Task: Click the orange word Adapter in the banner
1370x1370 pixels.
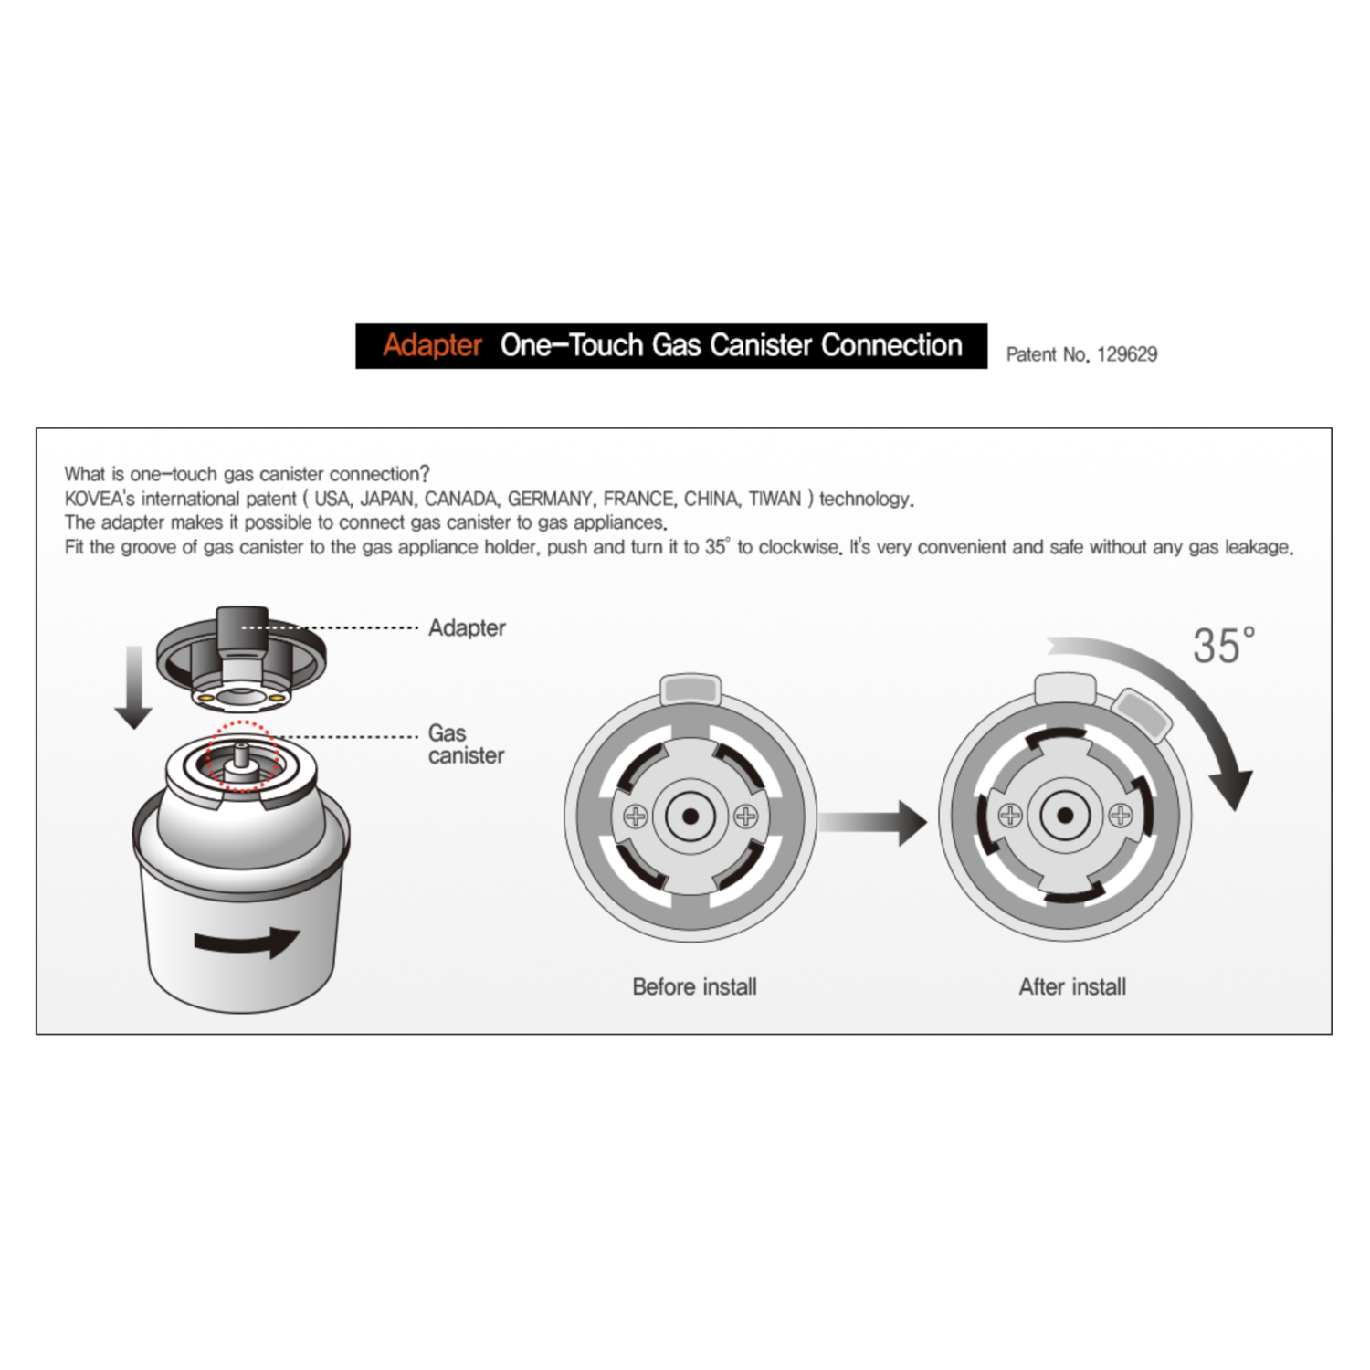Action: pos(432,345)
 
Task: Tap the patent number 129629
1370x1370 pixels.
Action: pos(1127,354)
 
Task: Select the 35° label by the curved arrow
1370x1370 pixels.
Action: pos(1224,646)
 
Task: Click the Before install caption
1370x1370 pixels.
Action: pos(694,986)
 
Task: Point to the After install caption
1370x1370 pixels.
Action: pos(1072,986)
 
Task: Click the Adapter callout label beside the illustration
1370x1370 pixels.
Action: pos(467,628)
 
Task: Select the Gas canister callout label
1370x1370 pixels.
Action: pos(466,744)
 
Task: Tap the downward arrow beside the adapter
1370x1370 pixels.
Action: pos(134,687)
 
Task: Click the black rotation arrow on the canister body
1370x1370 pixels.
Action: pos(247,942)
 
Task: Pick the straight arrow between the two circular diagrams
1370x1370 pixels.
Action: pos(872,823)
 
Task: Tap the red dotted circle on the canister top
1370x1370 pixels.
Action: pos(240,755)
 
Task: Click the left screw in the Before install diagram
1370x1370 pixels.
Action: pos(636,816)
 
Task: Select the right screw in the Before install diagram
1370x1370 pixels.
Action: pos(746,816)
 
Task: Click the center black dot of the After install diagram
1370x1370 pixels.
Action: pos(1065,815)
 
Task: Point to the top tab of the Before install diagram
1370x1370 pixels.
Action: pos(690,689)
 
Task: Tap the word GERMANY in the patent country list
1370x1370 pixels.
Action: pos(551,499)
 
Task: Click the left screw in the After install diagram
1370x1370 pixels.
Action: pos(1010,815)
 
